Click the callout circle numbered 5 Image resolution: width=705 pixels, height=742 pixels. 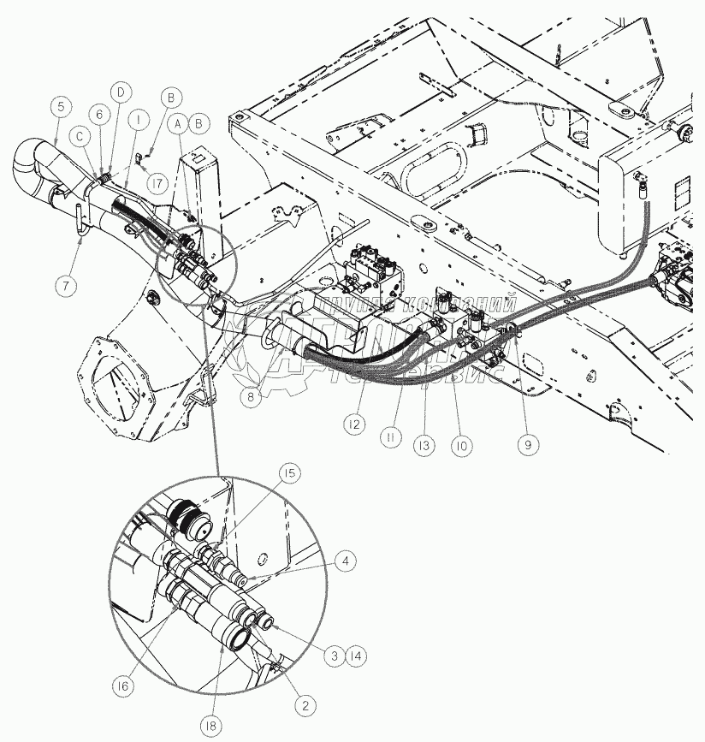pos(60,107)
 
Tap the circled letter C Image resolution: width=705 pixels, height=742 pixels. pos(80,134)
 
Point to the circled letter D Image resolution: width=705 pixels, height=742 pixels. pos(121,91)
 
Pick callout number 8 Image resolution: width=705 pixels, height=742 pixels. pos(250,396)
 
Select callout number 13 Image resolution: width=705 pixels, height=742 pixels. pos(422,446)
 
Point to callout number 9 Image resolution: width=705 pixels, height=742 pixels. pos(528,444)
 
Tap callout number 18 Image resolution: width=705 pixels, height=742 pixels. pos(211,726)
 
